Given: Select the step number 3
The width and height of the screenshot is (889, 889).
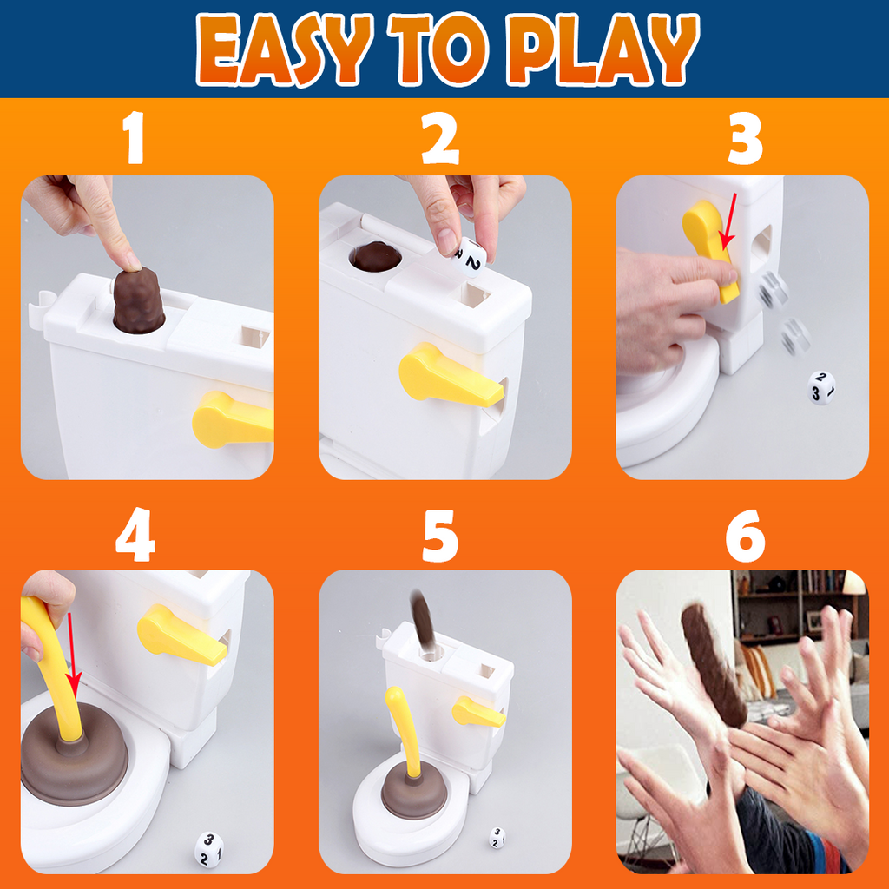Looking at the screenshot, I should tap(744, 139).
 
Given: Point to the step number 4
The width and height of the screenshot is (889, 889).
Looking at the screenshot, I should tap(135, 533).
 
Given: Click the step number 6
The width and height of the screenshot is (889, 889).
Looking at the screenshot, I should tap(745, 533).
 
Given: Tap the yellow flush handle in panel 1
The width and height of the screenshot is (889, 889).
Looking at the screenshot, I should tap(231, 419).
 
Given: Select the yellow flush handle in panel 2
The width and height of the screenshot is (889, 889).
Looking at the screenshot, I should tap(446, 378).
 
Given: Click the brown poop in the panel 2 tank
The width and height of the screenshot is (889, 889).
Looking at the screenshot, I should tap(374, 256).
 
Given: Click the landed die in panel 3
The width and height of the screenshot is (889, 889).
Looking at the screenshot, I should tap(820, 387).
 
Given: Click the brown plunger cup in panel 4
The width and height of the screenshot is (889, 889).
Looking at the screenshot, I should tap(74, 764).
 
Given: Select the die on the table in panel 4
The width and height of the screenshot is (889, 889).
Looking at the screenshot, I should tap(208, 848).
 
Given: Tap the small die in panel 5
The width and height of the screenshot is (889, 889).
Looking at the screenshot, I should tap(496, 837).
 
